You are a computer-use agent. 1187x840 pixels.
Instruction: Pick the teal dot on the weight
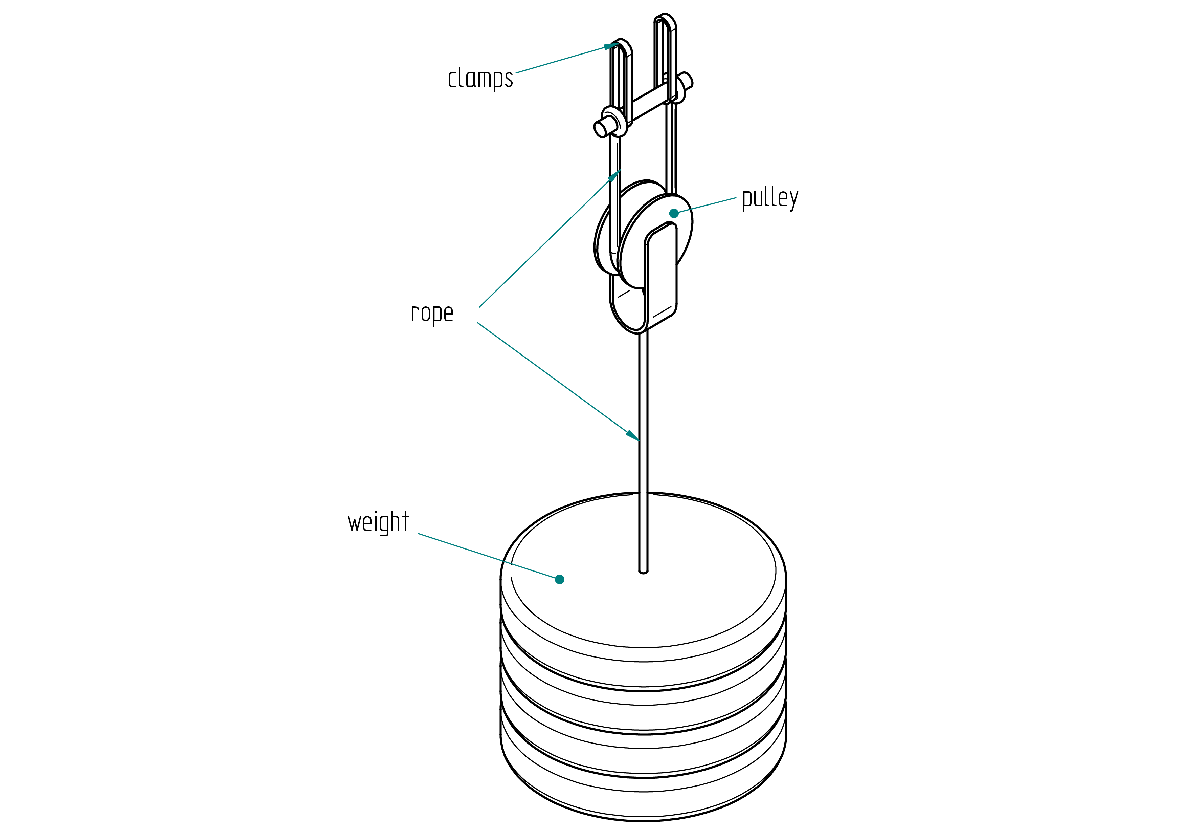(x=559, y=579)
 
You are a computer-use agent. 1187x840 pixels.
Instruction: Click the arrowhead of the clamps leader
(x=611, y=46)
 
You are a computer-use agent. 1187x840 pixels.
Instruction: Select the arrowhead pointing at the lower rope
(x=633, y=435)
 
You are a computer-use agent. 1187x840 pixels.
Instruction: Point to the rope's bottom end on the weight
(x=644, y=571)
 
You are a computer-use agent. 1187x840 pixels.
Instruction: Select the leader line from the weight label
(x=489, y=556)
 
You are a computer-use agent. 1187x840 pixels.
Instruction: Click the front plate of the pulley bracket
(x=661, y=274)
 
